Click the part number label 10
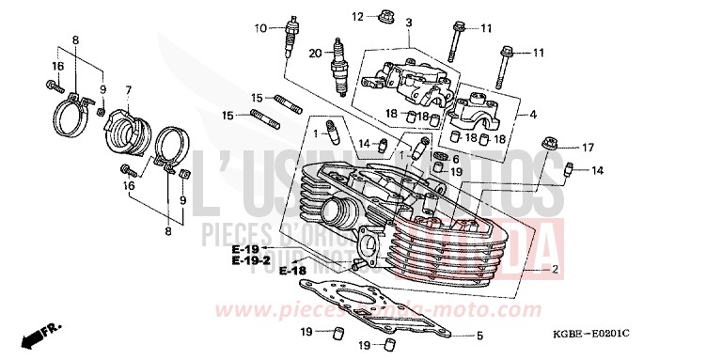coord(259,26)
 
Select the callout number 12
coord(357,17)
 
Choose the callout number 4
coord(532,115)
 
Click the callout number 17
coord(588,148)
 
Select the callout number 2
coord(555,269)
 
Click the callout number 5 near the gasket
coord(479,336)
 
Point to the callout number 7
coord(128,89)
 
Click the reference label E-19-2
coord(253,258)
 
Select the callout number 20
coord(314,52)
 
